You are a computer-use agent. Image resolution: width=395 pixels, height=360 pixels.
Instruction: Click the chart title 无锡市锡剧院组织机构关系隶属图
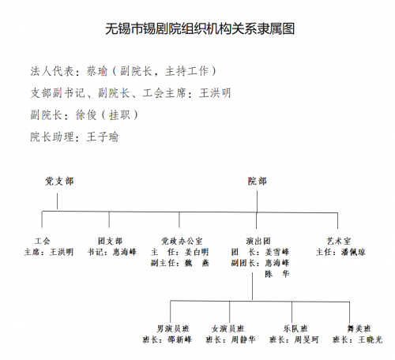200,28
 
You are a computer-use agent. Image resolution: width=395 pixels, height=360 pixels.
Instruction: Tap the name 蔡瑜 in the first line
97,71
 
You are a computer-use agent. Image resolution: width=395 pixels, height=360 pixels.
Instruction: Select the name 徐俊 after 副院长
86,115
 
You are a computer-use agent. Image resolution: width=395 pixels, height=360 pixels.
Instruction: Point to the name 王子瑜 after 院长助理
103,137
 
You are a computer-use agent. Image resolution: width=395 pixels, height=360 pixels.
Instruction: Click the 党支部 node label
59,181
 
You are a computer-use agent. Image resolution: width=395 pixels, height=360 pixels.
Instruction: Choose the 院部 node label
258,181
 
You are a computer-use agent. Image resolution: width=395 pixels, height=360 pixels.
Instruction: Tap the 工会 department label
42,241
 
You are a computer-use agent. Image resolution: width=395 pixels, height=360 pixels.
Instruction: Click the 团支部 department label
110,241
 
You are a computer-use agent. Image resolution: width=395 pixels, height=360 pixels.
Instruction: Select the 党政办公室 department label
182,241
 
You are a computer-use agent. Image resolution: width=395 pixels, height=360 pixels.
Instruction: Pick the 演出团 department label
258,241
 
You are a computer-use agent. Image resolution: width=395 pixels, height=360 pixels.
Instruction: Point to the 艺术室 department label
339,241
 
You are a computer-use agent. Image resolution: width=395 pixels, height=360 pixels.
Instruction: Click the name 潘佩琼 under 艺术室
353,252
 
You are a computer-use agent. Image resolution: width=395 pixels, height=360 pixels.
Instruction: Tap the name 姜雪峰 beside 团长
277,252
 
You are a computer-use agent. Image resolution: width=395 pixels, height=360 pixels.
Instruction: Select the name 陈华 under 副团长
277,274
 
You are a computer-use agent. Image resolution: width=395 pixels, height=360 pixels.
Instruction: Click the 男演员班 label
173,328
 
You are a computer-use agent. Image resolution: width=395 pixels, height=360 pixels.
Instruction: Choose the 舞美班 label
359,328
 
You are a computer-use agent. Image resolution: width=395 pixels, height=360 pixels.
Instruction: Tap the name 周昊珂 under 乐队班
307,339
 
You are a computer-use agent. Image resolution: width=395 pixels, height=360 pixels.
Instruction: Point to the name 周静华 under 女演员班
243,339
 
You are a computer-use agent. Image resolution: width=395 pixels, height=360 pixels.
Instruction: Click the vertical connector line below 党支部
57,201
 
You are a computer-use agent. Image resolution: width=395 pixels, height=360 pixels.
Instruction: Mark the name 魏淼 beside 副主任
197,263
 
